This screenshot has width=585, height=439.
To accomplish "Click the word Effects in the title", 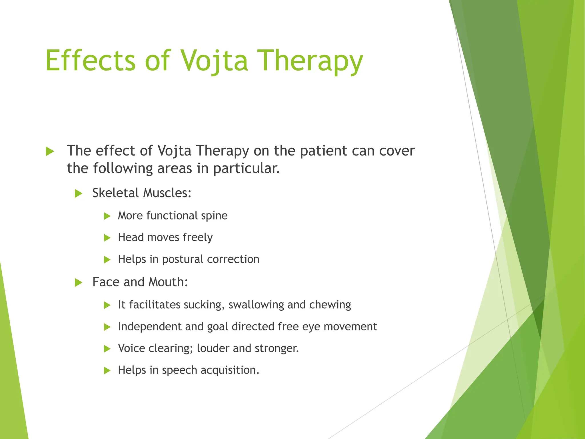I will coord(90,61).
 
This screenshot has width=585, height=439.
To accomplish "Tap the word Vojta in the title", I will coord(214,61).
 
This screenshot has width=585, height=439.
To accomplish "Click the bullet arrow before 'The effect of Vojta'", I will coord(50,151).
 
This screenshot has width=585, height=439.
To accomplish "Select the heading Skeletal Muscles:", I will coord(142,193).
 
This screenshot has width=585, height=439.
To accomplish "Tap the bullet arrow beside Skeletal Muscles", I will coord(79,194).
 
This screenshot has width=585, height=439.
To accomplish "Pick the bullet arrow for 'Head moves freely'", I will coord(107,238).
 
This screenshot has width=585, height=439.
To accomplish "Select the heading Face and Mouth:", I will coord(140,282).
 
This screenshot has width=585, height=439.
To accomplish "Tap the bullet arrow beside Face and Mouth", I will coord(79,283).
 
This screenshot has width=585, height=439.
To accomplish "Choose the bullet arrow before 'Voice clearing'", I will coord(107,349).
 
